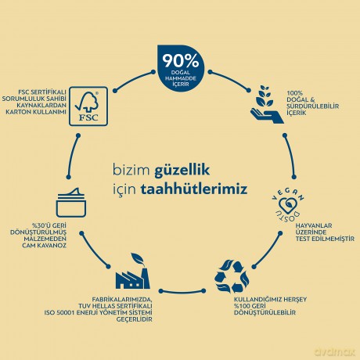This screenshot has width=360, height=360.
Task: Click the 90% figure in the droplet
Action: tap(181, 61)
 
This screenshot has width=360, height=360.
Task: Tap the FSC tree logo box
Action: tap(88, 106)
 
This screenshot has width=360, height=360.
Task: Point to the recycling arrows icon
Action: tap(232, 276)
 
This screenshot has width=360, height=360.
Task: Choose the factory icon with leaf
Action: tap(132, 271)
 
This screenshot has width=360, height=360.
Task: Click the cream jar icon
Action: tap(71, 203)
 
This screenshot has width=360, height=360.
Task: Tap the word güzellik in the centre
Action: tap(182, 170)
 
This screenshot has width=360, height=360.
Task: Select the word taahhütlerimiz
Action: tap(194, 189)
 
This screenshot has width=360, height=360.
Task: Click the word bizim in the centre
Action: tap(131, 170)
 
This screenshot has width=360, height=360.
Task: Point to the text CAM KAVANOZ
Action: tap(44, 246)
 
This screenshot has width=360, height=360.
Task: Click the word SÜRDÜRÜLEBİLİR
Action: tap(313, 106)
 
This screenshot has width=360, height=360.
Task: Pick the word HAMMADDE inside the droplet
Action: tap(181, 78)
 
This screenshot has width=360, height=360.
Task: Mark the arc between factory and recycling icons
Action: tap(182, 292)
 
